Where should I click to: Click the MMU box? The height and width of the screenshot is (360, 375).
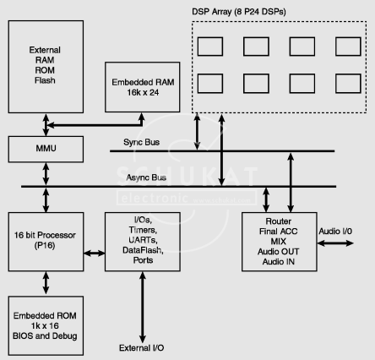[46, 150]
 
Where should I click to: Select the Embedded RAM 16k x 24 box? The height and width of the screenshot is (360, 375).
[143, 87]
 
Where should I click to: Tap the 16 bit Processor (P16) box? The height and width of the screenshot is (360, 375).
[46, 242]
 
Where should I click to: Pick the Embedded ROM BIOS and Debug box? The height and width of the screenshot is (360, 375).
[46, 325]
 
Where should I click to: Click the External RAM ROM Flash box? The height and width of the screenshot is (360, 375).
[46, 67]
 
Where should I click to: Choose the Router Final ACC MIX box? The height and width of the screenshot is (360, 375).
[280, 242]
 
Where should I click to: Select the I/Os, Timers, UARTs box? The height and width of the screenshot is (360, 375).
[143, 242]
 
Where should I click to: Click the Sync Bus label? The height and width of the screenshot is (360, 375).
[141, 142]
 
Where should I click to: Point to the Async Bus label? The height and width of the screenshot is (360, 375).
[146, 177]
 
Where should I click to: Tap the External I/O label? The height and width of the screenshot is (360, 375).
[141, 348]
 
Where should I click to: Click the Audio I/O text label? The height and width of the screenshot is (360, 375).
[335, 232]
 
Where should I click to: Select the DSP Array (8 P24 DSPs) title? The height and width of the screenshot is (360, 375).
[239, 12]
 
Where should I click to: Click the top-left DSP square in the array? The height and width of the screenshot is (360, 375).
[210, 46]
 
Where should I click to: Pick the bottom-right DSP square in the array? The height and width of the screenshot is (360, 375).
[348, 84]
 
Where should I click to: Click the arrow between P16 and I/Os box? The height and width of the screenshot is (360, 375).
[95, 254]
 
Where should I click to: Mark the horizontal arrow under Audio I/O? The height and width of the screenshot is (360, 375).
[335, 243]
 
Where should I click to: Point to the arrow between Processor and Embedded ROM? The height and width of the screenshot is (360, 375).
[46, 283]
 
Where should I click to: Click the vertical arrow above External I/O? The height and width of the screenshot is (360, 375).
[143, 308]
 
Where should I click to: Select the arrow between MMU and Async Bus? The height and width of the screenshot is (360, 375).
[46, 174]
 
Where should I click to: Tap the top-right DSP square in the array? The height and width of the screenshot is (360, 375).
[348, 46]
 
